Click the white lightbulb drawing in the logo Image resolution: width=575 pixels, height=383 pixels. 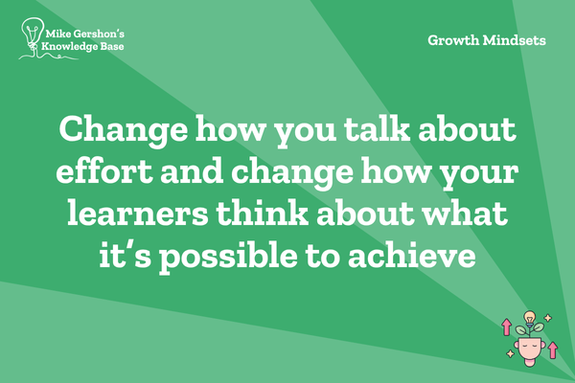click(x=33, y=34)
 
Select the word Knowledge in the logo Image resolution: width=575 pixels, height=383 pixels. click(x=64, y=47)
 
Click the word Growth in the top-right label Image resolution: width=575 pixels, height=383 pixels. click(x=453, y=40)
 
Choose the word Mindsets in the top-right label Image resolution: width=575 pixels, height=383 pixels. click(x=514, y=40)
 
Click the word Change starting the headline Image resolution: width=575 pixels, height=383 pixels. click(x=124, y=131)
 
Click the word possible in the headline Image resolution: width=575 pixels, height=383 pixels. click(x=228, y=257)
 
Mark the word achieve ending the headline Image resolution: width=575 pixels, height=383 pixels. click(x=412, y=255)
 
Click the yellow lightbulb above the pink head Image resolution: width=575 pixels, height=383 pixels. click(x=529, y=317)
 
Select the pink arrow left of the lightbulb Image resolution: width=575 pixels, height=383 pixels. click(x=506, y=327)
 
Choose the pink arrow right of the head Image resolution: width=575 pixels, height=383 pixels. click(x=553, y=349)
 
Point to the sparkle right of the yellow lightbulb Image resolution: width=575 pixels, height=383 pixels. click(x=548, y=317)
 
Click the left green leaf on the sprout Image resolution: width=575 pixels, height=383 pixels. click(x=521, y=329)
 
